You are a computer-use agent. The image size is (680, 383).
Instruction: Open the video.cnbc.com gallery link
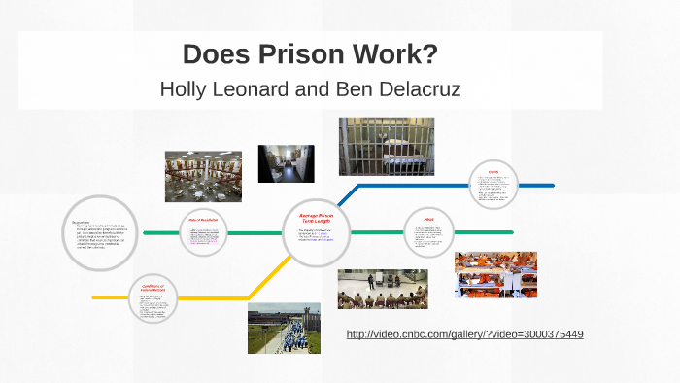pyautogui.click(x=464, y=334)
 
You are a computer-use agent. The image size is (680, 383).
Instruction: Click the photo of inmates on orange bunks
pyautogui.click(x=495, y=274)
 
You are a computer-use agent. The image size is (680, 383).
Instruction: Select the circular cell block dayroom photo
pyautogui.click(x=203, y=175)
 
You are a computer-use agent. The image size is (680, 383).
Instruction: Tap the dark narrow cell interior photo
pyautogui.click(x=286, y=163)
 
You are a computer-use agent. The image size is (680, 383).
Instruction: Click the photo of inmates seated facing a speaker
pyautogui.click(x=382, y=289)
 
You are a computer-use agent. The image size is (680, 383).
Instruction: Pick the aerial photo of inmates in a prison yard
pyautogui.click(x=284, y=328)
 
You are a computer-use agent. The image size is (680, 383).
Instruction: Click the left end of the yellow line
pyautogui.click(x=95, y=296)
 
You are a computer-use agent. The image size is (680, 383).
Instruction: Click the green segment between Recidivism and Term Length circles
pyautogui.click(x=255, y=232)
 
